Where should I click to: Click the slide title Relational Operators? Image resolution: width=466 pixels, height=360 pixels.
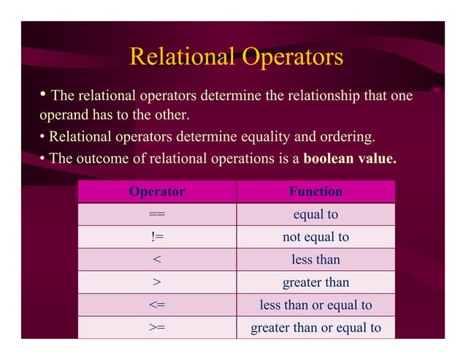tap(235, 57)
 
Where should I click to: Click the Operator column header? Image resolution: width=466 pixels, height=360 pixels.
tap(156, 192)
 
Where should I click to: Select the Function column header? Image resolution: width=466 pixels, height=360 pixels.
tap(316, 192)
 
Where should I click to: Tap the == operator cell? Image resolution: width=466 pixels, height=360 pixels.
tap(156, 215)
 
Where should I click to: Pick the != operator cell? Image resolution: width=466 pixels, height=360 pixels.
tap(156, 237)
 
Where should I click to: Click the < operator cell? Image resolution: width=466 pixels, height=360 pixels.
tap(156, 260)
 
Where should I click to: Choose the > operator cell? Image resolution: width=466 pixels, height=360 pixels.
tap(156, 283)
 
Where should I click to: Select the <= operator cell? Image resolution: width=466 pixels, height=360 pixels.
tap(156, 305)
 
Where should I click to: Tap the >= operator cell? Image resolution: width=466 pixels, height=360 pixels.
tap(156, 328)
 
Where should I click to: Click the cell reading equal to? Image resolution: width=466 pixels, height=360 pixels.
tap(316, 215)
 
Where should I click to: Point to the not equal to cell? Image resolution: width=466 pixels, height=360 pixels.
tap(316, 237)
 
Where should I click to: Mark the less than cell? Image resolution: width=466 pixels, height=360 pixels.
tap(316, 260)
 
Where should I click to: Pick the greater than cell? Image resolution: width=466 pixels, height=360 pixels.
tap(316, 283)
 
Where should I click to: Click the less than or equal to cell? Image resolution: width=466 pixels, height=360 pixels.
tap(316, 305)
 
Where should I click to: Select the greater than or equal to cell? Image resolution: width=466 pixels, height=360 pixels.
tap(316, 328)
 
